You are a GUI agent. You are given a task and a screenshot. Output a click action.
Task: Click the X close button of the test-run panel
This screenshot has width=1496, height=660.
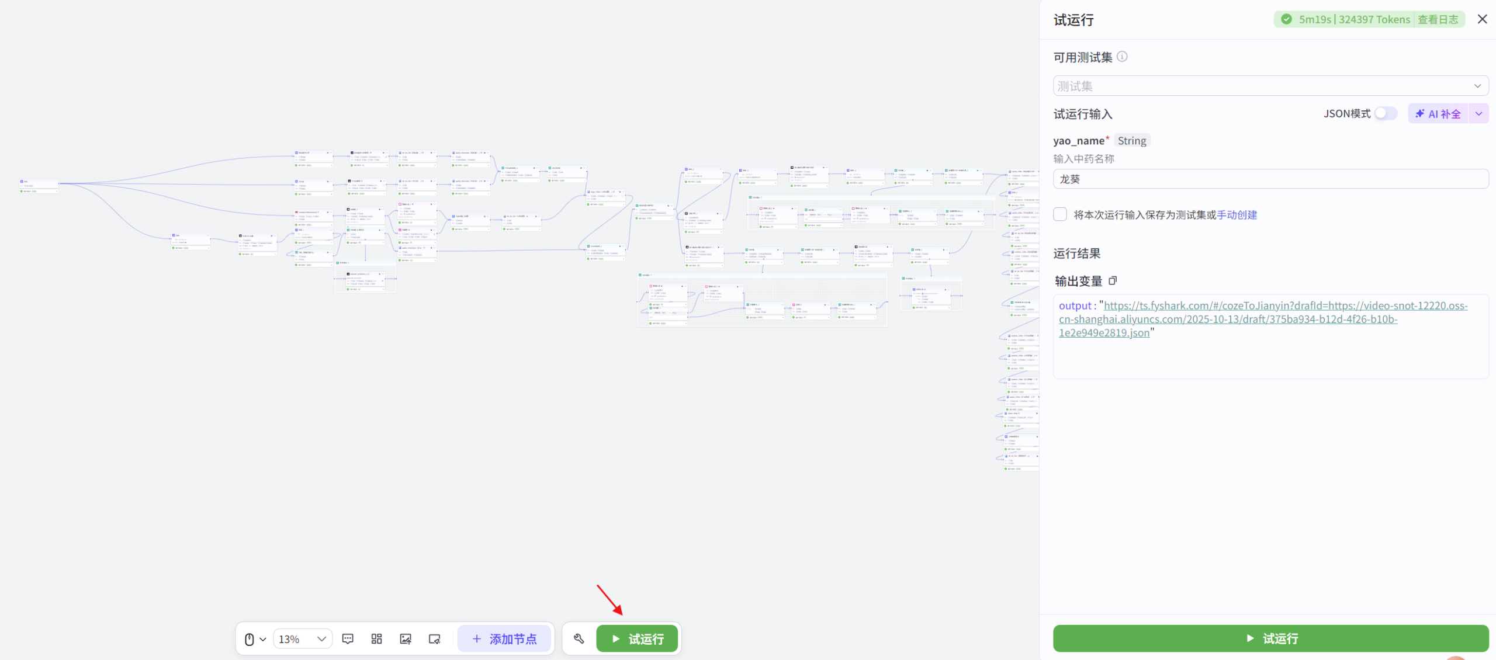(1482, 19)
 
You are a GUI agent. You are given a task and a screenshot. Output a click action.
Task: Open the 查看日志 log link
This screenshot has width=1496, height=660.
(1438, 19)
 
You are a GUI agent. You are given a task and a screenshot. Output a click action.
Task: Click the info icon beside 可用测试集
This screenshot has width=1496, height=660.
(1122, 57)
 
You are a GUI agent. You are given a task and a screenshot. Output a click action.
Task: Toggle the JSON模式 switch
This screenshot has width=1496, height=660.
(1385, 113)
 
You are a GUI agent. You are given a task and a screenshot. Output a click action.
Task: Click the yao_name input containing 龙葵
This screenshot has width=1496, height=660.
(1270, 179)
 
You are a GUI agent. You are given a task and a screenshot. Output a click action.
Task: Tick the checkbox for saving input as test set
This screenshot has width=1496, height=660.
(1060, 214)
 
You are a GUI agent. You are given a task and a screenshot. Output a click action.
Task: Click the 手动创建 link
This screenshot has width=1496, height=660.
(1237, 215)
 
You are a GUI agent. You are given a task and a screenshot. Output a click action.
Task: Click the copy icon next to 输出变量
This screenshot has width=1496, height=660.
(1113, 281)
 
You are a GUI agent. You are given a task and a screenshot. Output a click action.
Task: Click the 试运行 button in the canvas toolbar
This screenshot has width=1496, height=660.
(637, 639)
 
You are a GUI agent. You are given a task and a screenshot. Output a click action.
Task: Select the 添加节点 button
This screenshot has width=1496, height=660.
(504, 639)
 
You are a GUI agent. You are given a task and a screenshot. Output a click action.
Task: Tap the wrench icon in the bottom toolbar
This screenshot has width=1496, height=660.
(579, 639)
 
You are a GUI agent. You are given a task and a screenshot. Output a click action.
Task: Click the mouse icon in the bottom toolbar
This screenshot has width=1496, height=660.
(250, 639)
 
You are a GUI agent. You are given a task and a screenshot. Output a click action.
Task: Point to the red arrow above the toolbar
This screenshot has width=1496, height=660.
(610, 600)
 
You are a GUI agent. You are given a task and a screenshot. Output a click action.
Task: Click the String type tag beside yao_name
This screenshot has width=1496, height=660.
(1132, 141)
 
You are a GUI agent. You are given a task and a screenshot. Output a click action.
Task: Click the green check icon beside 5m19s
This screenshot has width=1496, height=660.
(1286, 19)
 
